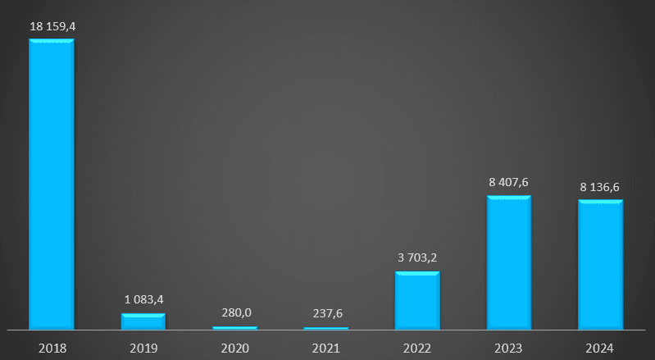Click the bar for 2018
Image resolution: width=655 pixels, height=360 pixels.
[52, 185]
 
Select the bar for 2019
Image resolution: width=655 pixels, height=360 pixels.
[143, 321]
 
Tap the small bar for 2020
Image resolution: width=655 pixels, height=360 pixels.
[234, 328]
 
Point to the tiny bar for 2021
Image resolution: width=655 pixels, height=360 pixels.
[326, 328]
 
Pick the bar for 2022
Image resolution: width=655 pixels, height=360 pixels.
[417, 301]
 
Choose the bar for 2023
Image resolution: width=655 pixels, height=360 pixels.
[509, 262]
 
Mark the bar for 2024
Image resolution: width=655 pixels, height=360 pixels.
[601, 265]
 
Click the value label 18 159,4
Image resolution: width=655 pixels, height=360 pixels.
[52, 26]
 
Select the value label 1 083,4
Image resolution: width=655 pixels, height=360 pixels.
[143, 299]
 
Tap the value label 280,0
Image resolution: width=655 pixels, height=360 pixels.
[235, 312]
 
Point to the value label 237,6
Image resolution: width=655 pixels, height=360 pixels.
[326, 313]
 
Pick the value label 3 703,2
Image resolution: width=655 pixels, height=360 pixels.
[418, 257]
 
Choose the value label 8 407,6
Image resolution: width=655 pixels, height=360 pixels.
[509, 182]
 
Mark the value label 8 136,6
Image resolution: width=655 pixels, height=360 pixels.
[600, 187]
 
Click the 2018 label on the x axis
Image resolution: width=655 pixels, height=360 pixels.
[52, 348]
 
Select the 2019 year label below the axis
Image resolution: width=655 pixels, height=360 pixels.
[143, 348]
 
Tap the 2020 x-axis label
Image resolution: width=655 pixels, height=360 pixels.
[235, 348]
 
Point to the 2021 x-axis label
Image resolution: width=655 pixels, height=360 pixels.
[326, 348]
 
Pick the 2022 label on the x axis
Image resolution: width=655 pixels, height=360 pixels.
[418, 348]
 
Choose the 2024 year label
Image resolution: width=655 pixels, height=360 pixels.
[600, 348]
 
